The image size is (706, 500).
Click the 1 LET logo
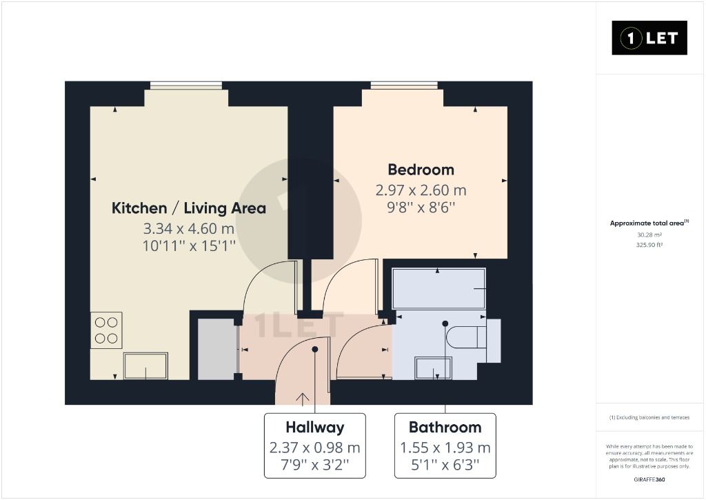click(x=649, y=38)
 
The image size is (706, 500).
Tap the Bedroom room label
click(x=421, y=170)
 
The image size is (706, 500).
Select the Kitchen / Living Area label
click(x=189, y=208)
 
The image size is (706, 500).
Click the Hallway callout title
click(x=315, y=427)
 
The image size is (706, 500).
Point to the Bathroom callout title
click(x=445, y=427)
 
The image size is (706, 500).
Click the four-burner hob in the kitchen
click(x=106, y=330)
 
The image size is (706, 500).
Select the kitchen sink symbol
click(x=145, y=366)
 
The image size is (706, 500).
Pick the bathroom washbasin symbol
click(x=434, y=368)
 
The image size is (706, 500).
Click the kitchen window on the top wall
click(x=186, y=86)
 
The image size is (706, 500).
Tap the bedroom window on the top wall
click(x=403, y=86)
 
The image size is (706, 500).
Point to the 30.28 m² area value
click(x=649, y=234)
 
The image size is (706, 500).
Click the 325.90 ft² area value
click(x=649, y=245)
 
